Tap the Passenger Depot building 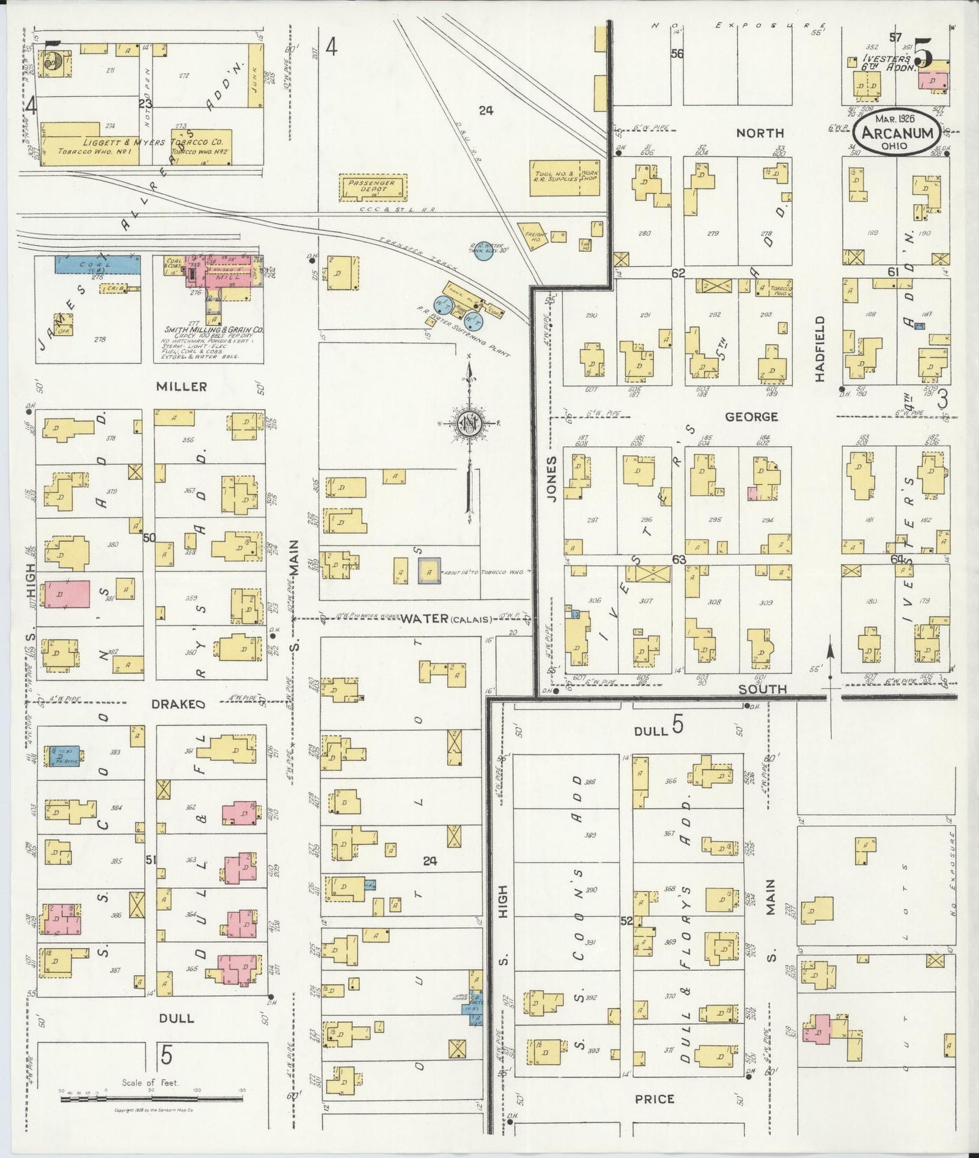pyautogui.click(x=372, y=186)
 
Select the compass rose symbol pyautogui.click(x=468, y=424)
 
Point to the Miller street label pyautogui.click(x=181, y=386)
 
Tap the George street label pyautogui.click(x=751, y=416)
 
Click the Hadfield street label pyautogui.click(x=820, y=348)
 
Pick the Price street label pyautogui.click(x=654, y=1098)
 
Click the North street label pyautogui.click(x=761, y=133)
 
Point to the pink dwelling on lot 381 pyautogui.click(x=66, y=594)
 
